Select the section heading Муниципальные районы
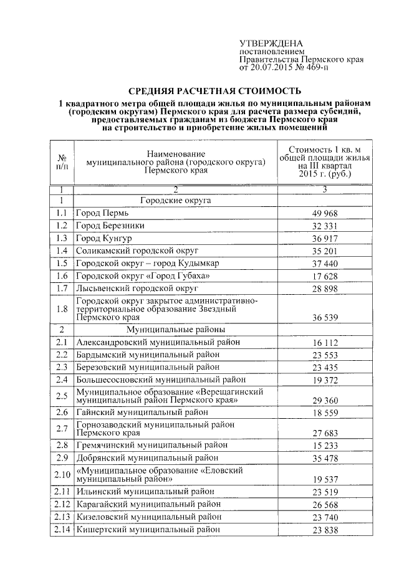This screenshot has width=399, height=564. (x=175, y=329)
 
